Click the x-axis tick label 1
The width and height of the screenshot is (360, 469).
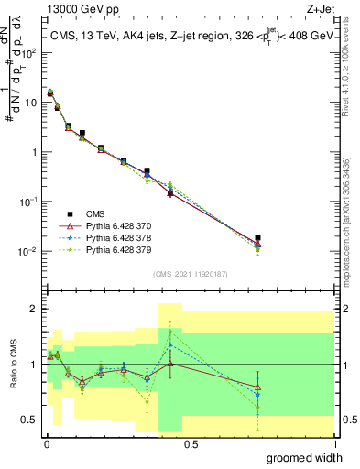pos(333,443)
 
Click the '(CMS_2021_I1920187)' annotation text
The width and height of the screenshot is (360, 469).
pos(190,273)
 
